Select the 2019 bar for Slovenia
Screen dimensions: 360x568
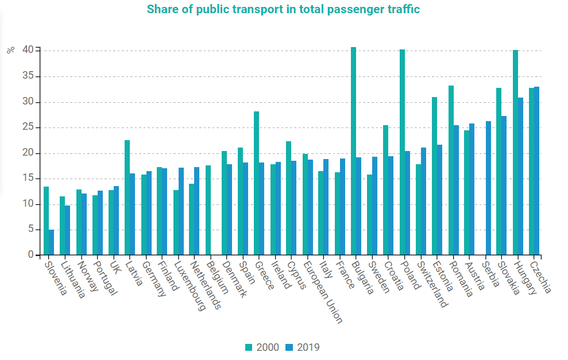(51, 242)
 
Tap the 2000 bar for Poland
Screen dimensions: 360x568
(402, 152)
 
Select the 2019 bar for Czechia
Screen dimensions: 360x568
(536, 171)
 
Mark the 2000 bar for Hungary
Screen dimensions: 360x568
(515, 152)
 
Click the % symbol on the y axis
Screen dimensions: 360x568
(11, 50)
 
